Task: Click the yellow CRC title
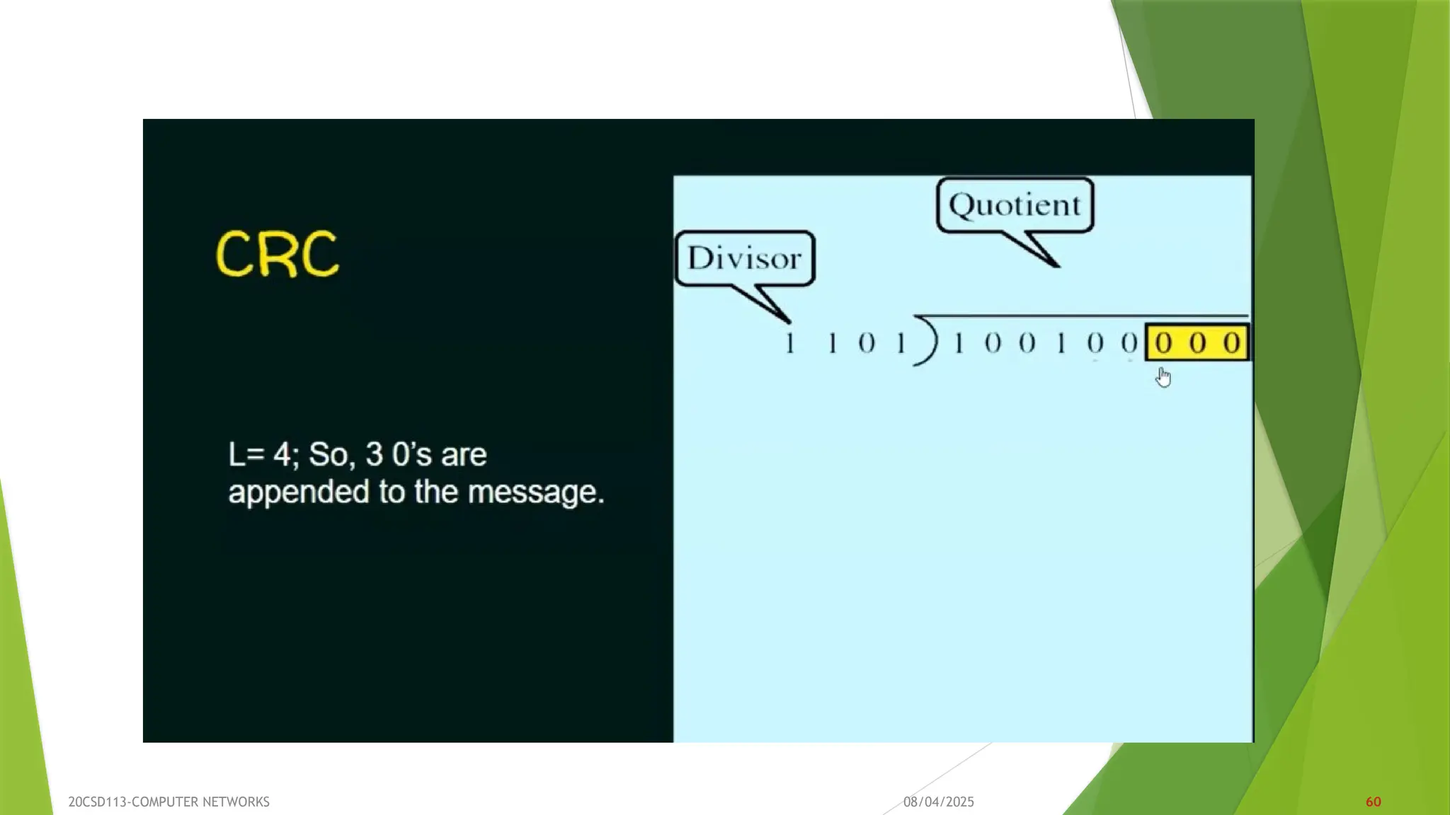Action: pos(277,254)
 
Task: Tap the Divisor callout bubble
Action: pos(745,258)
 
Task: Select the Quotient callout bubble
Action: pos(1015,205)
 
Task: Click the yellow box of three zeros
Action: pos(1197,343)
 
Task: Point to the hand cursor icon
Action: pos(1163,378)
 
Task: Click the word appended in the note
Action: pos(298,492)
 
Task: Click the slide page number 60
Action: pos(1373,802)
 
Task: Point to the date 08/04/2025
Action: pos(938,802)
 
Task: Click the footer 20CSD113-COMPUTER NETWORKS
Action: pos(169,802)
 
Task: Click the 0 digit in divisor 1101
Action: pos(867,344)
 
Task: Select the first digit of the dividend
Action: pos(959,344)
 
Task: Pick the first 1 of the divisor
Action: pos(790,344)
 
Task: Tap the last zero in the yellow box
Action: pos(1232,343)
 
